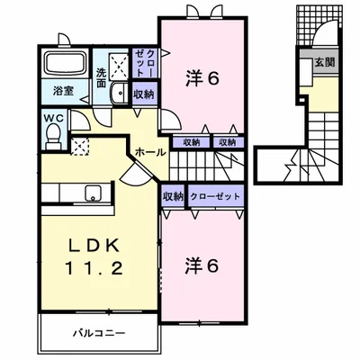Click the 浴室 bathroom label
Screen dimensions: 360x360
[x=62, y=91]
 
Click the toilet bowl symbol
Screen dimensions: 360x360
[x=54, y=133]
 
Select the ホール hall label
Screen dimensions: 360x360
[x=150, y=153]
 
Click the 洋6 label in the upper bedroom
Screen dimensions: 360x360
[x=202, y=78]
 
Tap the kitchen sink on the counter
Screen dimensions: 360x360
[x=93, y=192]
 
